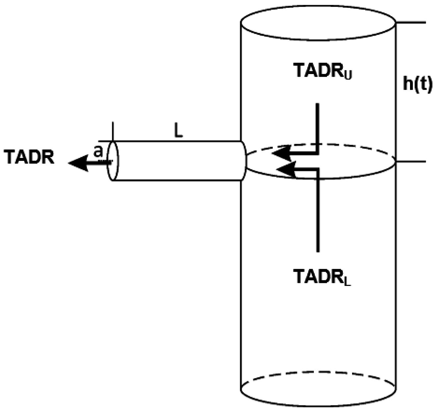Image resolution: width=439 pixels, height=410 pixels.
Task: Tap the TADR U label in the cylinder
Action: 322,71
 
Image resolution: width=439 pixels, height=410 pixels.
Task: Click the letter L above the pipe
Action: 178,132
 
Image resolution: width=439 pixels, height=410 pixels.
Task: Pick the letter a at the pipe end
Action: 97,152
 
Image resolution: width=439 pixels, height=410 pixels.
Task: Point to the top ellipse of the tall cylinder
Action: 318,22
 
